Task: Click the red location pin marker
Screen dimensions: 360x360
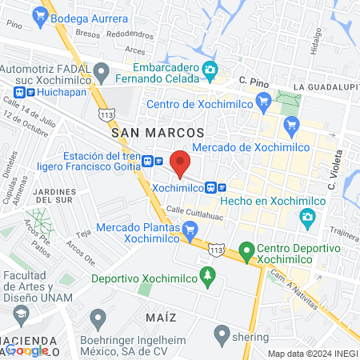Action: click(x=180, y=163)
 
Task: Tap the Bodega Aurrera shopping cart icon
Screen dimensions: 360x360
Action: click(x=40, y=15)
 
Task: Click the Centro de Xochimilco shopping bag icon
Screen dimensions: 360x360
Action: click(x=263, y=102)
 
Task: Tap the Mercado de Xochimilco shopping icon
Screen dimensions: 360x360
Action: click(x=291, y=124)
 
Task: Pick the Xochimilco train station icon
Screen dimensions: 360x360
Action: click(x=210, y=187)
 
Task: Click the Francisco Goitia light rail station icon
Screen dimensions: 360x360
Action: click(x=149, y=161)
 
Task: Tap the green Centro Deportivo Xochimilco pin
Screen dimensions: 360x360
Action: click(x=246, y=253)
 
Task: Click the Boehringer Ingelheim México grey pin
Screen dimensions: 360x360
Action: click(x=98, y=319)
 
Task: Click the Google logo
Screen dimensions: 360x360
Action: click(x=27, y=350)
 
